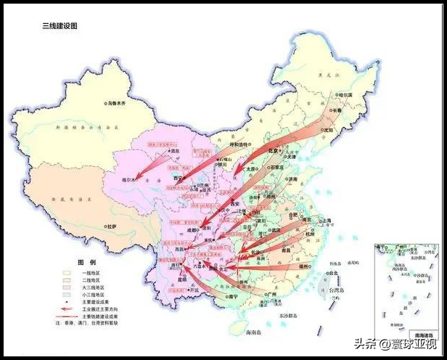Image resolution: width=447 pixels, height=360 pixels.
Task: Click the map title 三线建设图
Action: click(60, 25)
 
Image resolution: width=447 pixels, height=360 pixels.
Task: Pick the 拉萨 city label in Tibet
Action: click(110, 226)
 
